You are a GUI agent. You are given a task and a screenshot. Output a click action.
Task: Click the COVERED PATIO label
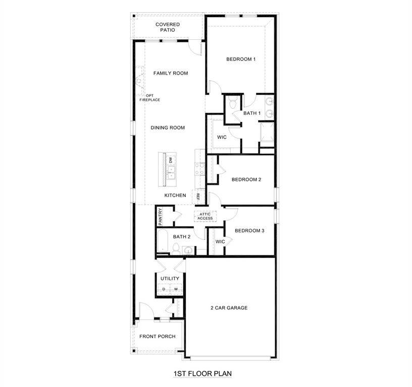coord(168,27)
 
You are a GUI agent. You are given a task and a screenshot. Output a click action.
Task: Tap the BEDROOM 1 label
coord(241,59)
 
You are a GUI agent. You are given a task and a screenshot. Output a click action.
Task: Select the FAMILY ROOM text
coord(171,73)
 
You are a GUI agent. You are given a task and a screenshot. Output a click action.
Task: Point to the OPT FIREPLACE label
coord(150,98)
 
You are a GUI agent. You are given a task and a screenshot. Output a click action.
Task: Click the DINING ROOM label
coord(168,128)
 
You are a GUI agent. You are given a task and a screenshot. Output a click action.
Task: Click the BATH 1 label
coord(252,113)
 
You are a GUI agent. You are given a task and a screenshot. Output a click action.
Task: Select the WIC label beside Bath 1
coord(222,137)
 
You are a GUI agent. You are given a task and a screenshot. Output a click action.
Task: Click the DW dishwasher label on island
coord(171,160)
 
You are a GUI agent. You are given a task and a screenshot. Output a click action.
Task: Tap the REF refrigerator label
coord(198,197)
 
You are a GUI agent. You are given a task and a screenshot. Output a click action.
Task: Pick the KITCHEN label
coord(175,196)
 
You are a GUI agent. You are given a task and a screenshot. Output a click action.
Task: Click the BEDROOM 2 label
coord(246,179)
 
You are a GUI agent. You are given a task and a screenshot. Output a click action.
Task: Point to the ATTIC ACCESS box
coord(205,216)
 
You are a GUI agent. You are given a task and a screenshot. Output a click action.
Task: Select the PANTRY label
coord(160,216)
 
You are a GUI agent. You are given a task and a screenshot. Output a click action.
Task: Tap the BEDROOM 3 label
coord(249,231)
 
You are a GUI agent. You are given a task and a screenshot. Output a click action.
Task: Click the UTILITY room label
coord(170,279)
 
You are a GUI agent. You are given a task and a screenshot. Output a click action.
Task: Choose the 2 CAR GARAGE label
coord(229,308)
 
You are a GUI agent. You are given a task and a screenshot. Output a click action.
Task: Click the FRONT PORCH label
coord(158,337)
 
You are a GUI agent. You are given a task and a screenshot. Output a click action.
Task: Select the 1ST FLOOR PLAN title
coord(202,374)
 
